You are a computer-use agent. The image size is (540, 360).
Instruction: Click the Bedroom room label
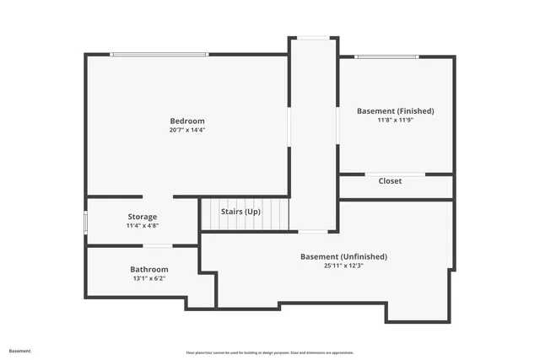[187, 121]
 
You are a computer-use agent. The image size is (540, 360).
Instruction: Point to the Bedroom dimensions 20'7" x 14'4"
[187, 130]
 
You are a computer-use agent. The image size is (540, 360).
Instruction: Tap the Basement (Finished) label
[395, 111]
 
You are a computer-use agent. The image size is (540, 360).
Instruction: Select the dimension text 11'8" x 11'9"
[395, 120]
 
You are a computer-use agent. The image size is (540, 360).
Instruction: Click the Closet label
[390, 181]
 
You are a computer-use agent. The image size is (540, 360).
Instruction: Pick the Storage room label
[142, 217]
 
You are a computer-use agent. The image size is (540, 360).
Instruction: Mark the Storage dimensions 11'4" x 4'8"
[142, 225]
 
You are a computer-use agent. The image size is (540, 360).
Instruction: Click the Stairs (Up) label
[240, 212]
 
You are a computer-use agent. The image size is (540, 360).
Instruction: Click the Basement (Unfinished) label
[343, 256]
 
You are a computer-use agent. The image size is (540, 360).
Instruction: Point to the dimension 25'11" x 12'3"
[343, 265]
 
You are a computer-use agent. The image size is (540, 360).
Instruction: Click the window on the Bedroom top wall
[159, 55]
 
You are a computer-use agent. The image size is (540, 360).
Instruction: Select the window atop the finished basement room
[386, 56]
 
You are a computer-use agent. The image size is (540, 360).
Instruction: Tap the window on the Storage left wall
[85, 221]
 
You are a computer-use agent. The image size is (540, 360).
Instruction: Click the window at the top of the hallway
[314, 37]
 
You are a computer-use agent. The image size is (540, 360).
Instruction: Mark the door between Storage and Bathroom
[157, 246]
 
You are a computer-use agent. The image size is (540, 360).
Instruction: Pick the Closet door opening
[395, 174]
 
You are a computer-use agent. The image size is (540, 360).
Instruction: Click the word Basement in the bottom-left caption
[20, 351]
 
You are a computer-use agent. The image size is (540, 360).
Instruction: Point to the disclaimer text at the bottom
[270, 352]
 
